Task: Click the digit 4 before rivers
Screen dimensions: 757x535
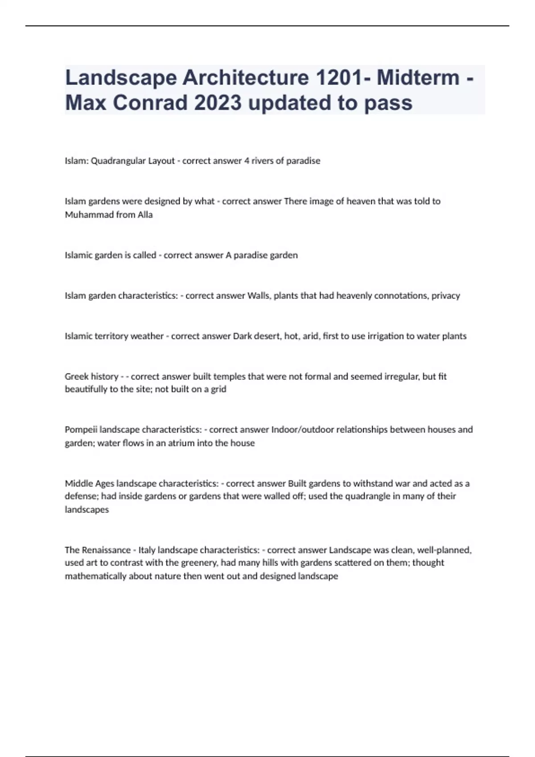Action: click(x=246, y=161)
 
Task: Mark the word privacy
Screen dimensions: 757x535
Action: click(x=445, y=296)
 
